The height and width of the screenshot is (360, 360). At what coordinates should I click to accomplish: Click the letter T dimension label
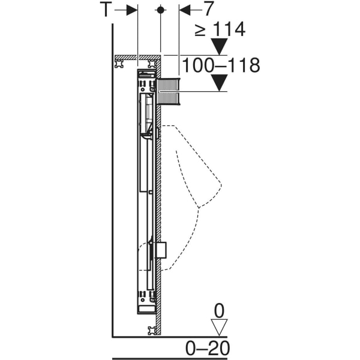106,9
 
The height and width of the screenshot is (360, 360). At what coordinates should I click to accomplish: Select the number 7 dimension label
208,9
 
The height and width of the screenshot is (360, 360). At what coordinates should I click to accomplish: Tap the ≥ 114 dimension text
220,29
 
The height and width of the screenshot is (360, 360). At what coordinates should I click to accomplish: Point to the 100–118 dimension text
221,65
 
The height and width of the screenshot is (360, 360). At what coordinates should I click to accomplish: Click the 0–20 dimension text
208,348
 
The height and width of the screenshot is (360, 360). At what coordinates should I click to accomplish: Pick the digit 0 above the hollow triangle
219,311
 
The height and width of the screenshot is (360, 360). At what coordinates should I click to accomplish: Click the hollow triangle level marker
219,327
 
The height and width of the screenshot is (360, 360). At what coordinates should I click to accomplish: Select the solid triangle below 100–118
219,83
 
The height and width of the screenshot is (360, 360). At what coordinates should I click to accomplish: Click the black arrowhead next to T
132,10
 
